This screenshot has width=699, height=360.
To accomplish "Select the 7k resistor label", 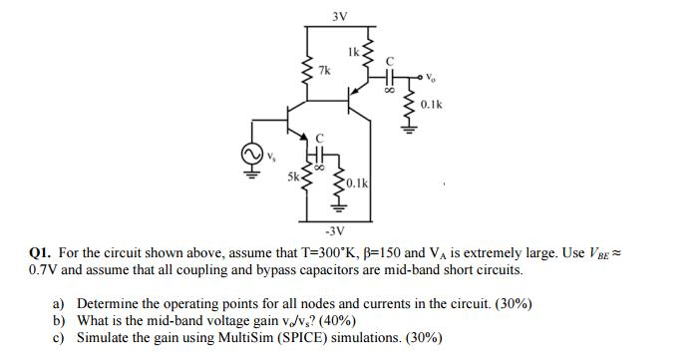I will tap(326, 71).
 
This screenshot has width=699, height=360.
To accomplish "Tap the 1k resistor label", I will tap(357, 51).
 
